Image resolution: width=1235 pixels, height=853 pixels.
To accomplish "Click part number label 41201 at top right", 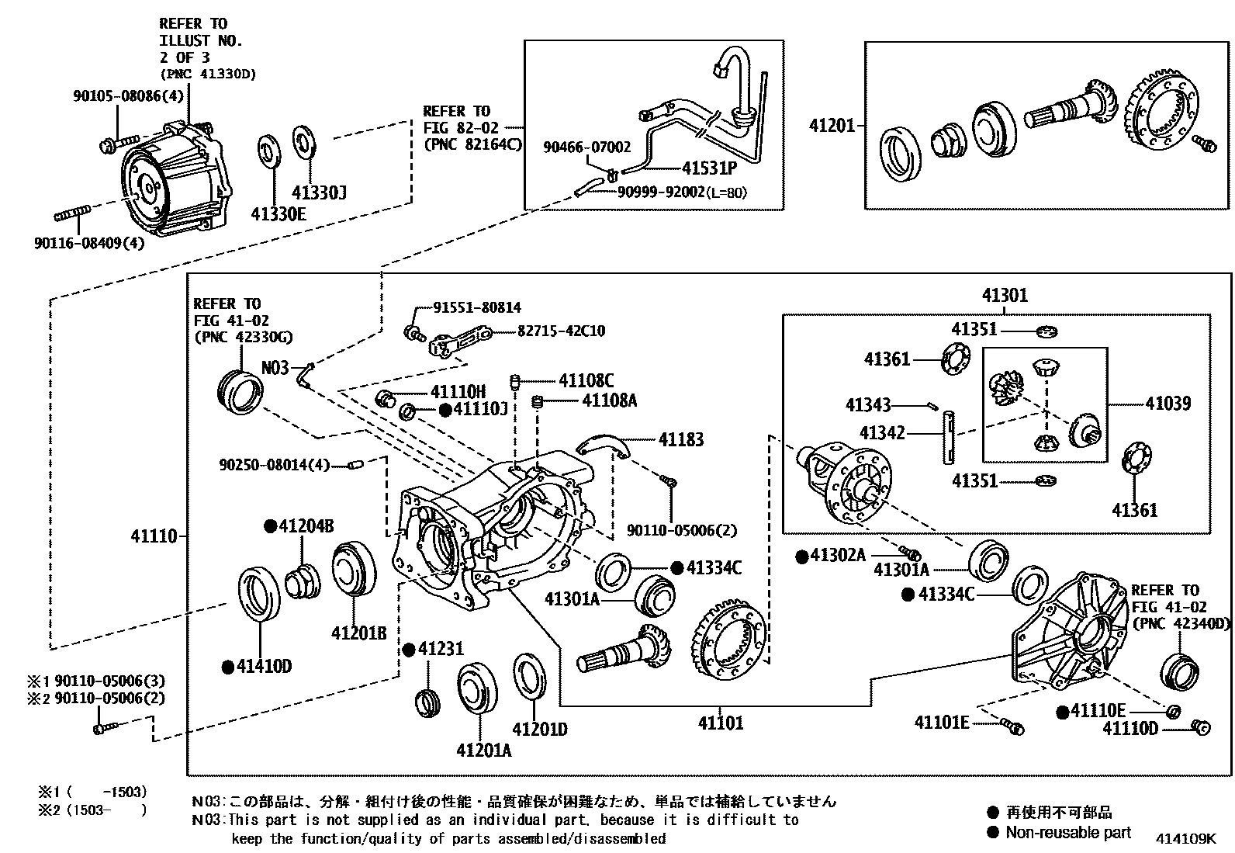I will coord(831,126).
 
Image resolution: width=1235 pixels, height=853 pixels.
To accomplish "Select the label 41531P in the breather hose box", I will coord(709,168).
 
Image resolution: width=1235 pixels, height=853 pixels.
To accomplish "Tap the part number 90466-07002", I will coord(586,147).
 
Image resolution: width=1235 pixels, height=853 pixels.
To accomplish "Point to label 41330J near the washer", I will coord(319,192).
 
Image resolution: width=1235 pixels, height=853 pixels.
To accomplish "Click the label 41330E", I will coord(278,213).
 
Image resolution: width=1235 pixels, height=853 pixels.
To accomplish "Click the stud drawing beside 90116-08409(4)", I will coord(73,213).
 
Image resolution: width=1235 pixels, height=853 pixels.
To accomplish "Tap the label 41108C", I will coord(586,380).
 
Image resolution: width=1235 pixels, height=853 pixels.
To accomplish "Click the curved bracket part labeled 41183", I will coord(605,445).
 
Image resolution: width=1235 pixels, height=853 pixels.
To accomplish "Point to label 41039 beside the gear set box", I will coord(1168,404).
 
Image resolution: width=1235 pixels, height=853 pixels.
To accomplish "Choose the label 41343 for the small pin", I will coord(868,405).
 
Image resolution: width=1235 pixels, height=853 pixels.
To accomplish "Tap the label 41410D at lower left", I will coord(264,667).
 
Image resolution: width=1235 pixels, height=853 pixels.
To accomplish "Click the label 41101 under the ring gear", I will coord(720,723).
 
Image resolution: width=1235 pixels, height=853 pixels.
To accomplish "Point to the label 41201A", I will coord(483,751).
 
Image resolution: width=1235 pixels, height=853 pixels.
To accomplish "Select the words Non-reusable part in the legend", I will coord(1068,833).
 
